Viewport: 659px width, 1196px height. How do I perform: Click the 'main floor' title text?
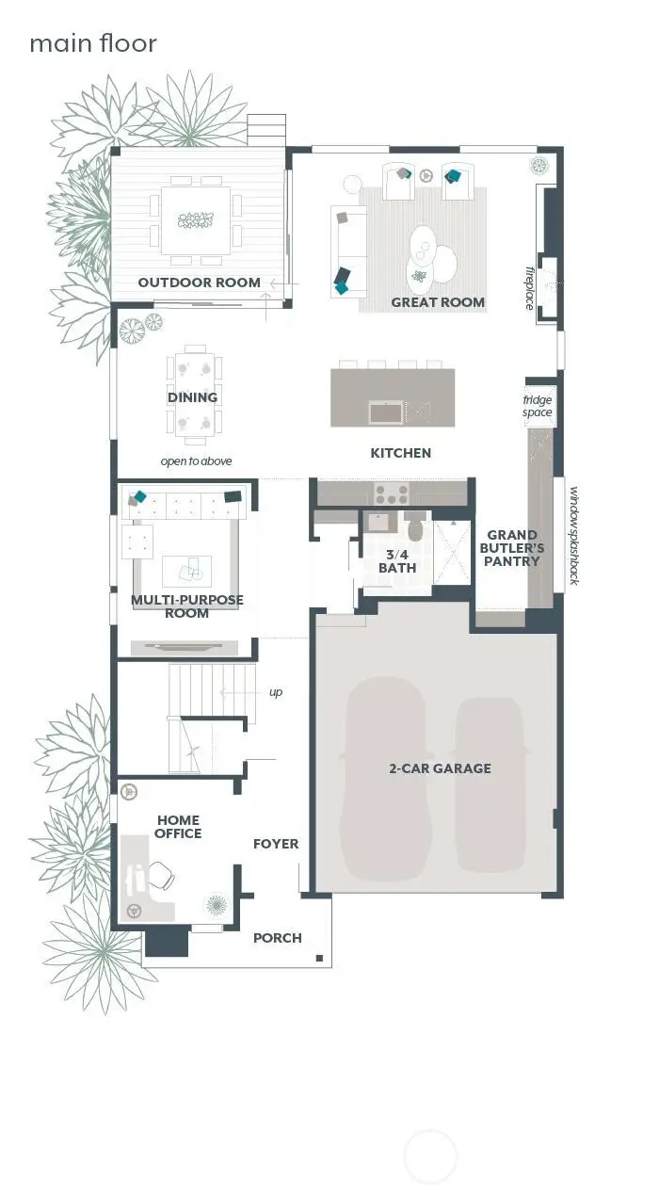(93, 43)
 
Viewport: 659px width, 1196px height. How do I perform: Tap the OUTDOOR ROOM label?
(199, 283)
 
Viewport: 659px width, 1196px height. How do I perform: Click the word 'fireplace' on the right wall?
(529, 287)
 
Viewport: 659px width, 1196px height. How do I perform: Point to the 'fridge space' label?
(538, 406)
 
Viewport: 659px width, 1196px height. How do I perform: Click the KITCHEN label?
(400, 453)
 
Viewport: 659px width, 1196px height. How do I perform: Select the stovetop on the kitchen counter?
(391, 492)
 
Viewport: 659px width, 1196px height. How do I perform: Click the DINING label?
(192, 397)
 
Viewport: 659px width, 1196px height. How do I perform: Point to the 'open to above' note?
(196, 461)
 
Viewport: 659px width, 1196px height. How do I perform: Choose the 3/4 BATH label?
(397, 561)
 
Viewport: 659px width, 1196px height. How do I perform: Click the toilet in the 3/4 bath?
(415, 525)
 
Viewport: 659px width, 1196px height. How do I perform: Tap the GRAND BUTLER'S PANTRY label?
(512, 548)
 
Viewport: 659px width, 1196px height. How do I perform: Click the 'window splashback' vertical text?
(571, 534)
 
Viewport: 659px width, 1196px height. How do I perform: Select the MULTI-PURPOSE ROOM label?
(186, 606)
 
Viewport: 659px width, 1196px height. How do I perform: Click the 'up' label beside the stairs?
(275, 692)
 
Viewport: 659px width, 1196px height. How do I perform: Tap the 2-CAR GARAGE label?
(440, 768)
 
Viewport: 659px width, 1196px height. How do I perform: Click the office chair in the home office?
(161, 876)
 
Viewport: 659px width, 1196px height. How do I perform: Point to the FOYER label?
(276, 844)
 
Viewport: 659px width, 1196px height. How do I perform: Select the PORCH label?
(278, 938)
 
